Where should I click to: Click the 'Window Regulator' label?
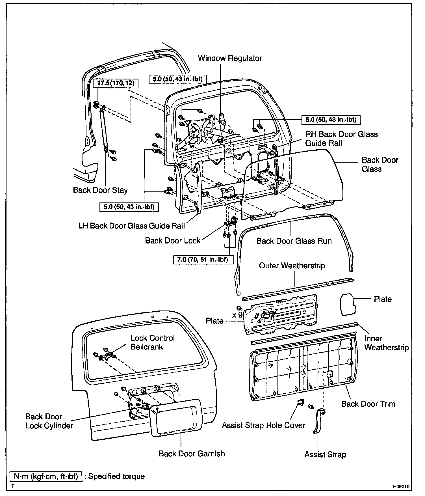(x=230, y=58)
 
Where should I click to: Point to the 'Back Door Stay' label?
(x=100, y=190)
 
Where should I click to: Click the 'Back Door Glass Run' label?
(x=294, y=241)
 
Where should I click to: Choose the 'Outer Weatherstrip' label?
(x=292, y=266)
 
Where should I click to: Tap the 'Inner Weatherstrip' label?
(x=386, y=343)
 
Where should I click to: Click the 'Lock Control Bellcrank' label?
(x=153, y=342)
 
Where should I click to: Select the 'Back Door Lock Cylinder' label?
(x=49, y=421)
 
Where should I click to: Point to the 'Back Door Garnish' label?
(x=192, y=454)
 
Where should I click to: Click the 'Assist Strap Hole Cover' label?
(x=263, y=425)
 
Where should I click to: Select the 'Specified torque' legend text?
(x=116, y=476)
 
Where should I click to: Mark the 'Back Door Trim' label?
(x=368, y=404)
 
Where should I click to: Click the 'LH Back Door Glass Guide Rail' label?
(x=132, y=226)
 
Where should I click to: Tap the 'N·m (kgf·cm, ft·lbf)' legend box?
(x=46, y=476)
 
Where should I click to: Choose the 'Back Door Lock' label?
(x=173, y=241)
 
